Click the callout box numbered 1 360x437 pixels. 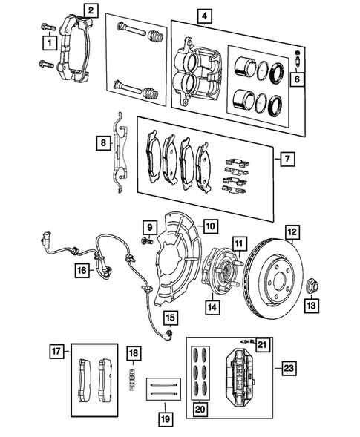tap(50, 43)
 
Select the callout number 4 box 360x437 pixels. tap(204, 16)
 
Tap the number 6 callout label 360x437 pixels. tap(297, 79)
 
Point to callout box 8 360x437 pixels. tap(103, 143)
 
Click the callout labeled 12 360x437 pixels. tap(292, 232)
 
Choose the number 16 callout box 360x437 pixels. tap(82, 270)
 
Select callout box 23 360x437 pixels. tap(289, 369)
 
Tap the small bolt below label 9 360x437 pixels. tap(147, 240)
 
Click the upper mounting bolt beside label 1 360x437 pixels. tap(48, 27)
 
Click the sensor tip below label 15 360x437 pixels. tap(169, 332)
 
